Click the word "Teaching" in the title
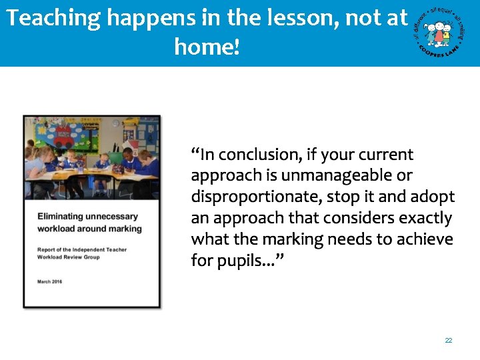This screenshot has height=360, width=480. point(53,18)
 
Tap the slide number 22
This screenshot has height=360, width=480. point(449,340)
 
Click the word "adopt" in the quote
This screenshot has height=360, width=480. point(434,197)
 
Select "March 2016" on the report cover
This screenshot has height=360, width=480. point(52,281)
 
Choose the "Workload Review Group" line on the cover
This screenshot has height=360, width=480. point(69,257)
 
